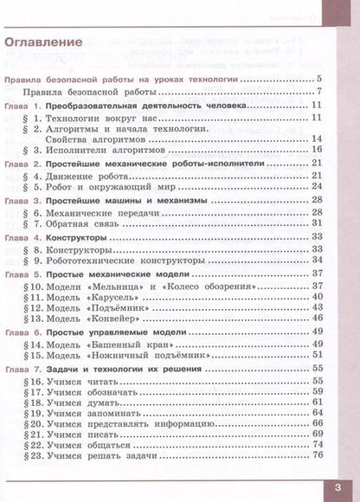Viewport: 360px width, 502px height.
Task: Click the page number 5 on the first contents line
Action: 318,80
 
